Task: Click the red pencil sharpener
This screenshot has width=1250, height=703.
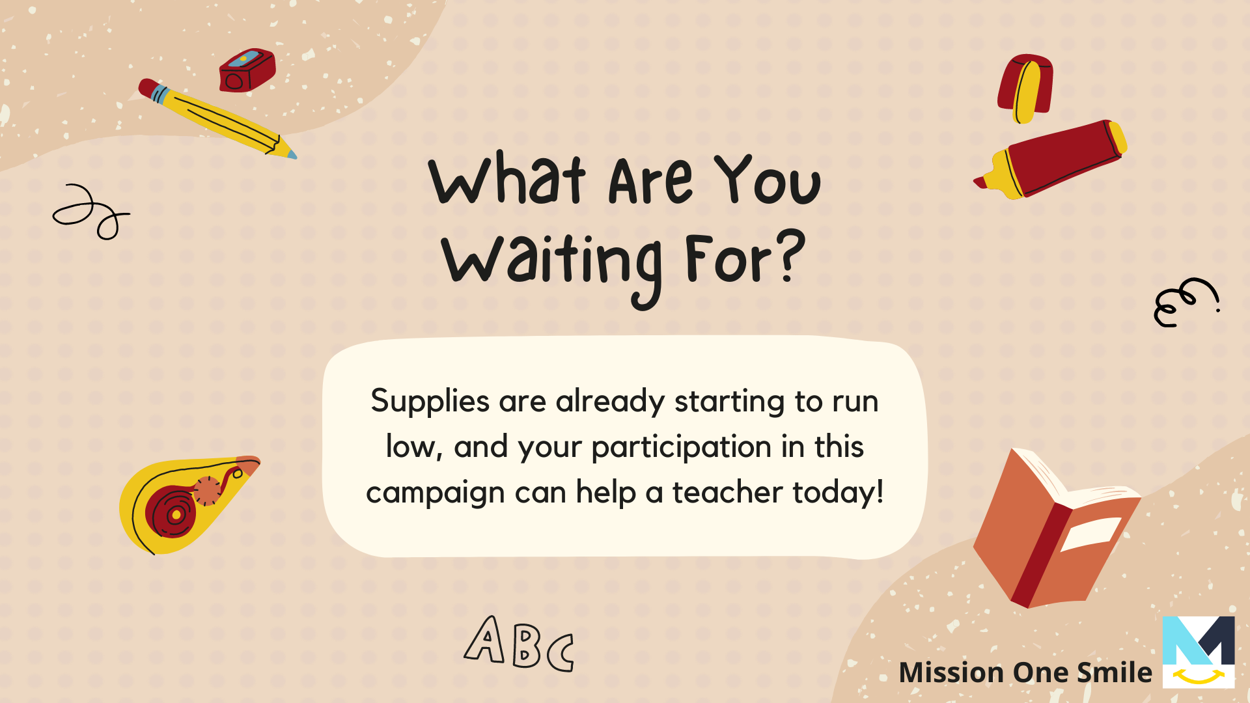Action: click(x=247, y=70)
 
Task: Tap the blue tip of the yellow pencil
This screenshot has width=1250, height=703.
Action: click(x=291, y=155)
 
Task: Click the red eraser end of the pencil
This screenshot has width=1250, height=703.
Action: click(x=146, y=87)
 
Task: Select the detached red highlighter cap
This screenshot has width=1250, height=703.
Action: click(x=1025, y=88)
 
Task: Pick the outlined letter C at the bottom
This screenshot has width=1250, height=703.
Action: click(x=561, y=652)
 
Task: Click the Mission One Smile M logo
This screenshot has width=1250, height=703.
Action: click(x=1199, y=652)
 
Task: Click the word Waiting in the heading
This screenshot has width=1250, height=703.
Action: click(x=552, y=266)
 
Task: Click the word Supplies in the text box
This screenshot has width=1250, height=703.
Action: click(x=430, y=402)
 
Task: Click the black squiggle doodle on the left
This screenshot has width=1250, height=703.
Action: click(x=90, y=212)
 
